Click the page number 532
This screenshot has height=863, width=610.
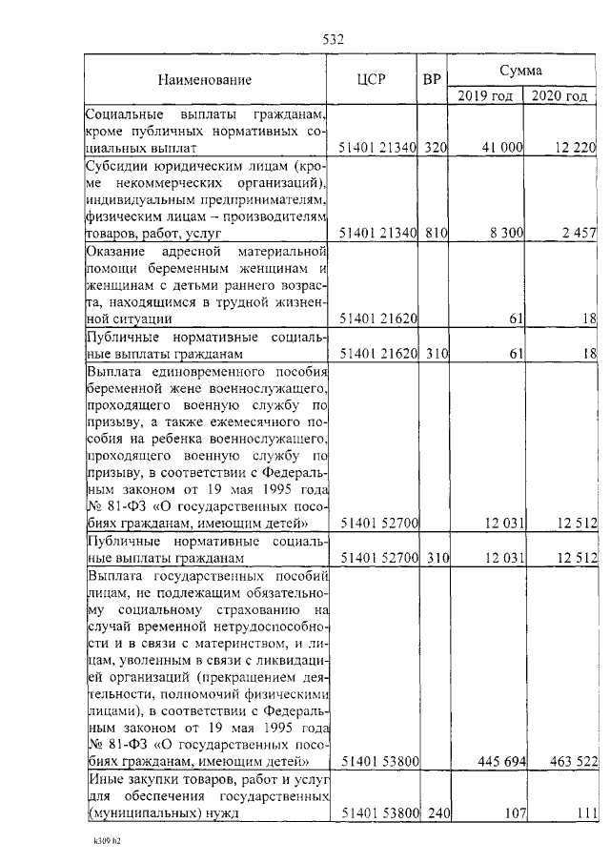click(333, 39)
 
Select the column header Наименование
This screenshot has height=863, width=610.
click(205, 80)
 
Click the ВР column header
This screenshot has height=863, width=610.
click(431, 80)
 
